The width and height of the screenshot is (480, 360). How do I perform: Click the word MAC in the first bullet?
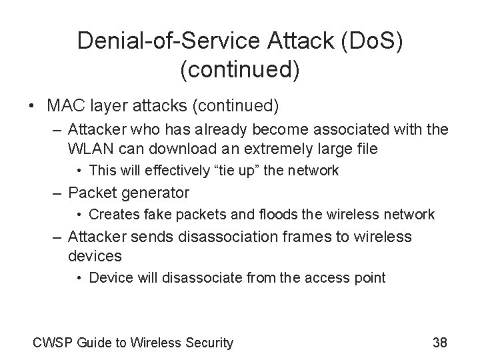coord(65,106)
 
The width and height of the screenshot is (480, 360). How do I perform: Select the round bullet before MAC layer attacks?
coord(31,106)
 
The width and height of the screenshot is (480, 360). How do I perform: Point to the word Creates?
coord(111,215)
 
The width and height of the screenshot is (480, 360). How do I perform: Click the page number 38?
coord(439,343)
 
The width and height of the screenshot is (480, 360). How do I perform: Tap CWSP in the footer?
coord(53,343)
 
